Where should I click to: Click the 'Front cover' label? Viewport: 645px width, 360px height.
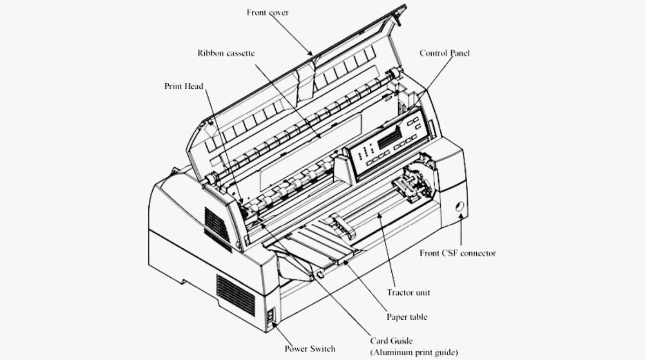pos(267,12)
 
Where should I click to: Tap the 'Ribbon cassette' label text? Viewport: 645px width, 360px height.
pos(226,53)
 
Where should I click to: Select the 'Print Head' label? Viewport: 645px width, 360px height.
pos(184,86)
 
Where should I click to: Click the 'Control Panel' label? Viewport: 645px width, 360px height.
pos(445,53)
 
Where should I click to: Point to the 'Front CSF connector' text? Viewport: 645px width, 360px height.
pos(457,253)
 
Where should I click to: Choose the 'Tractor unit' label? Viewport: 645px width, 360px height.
pos(408,293)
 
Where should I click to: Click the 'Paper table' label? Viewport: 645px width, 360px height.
pos(407,316)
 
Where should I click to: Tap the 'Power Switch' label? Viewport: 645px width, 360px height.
pos(310,349)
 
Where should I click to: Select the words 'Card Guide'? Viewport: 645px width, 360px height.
pos(391,341)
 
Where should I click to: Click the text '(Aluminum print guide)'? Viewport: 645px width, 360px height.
pos(414,352)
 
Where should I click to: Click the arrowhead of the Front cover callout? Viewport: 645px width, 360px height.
pos(310,54)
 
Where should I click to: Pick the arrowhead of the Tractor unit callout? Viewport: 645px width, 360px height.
pos(380,214)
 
